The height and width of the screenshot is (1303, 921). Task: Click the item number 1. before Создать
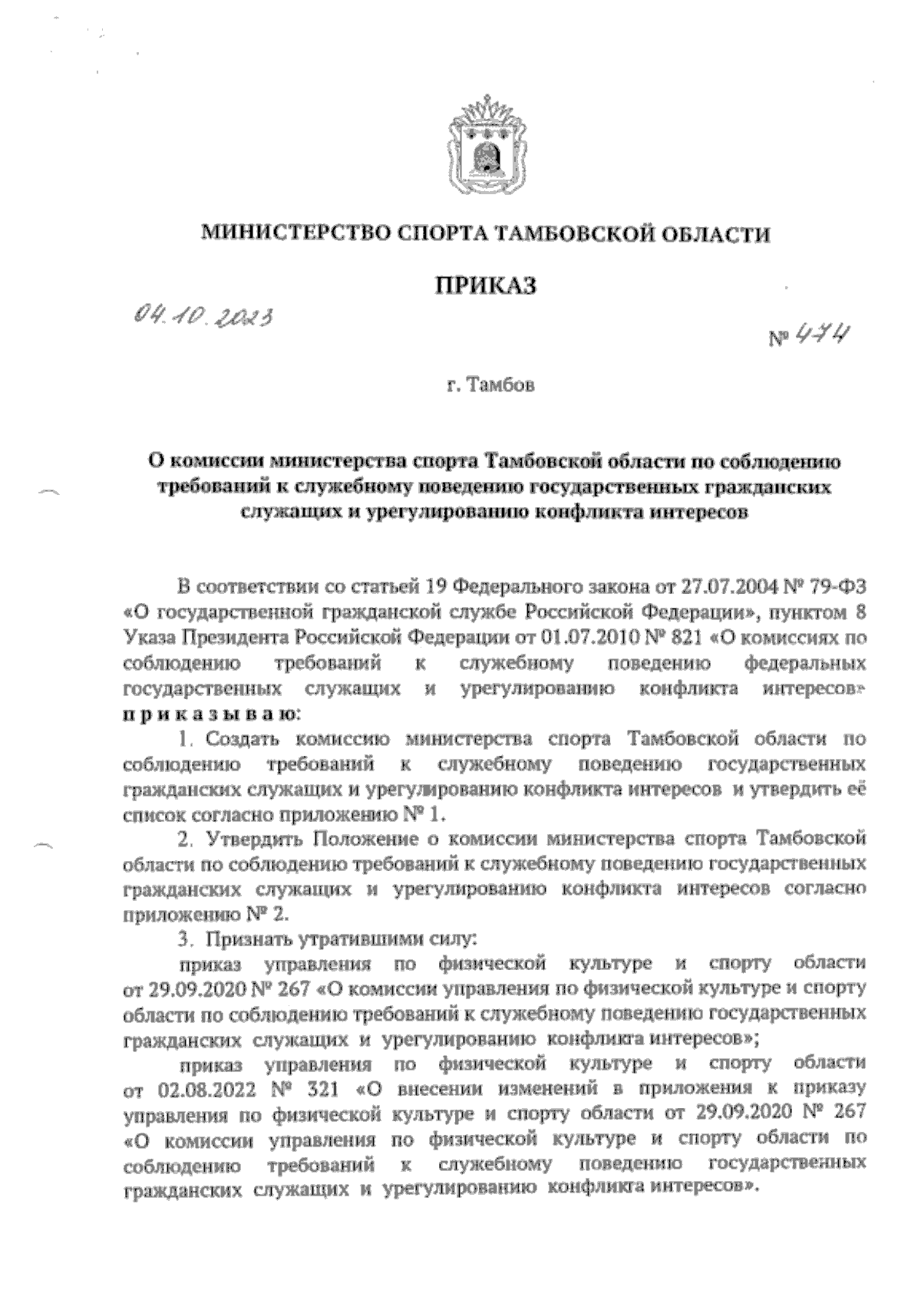tap(184, 740)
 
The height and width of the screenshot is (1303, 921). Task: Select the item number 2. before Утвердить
tap(184, 836)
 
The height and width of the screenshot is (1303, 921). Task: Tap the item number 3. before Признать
tap(184, 937)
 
